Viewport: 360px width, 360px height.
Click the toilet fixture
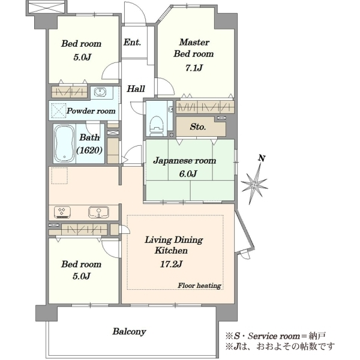[157, 126]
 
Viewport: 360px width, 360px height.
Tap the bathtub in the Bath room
[65, 143]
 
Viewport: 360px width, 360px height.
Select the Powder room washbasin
[100, 92]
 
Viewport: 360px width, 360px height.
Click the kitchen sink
[99, 212]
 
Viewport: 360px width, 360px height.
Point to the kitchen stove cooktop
[62, 212]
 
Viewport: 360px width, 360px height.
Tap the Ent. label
[132, 43]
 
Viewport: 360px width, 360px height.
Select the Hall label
[136, 89]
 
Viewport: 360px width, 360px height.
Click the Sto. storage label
[197, 127]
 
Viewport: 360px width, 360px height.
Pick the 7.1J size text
[194, 68]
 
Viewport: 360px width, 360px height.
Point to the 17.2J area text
[171, 264]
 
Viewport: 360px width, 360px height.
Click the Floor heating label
[199, 286]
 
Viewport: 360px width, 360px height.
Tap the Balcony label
[129, 332]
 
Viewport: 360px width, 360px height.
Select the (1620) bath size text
[89, 151]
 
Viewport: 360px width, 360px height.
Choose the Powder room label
[91, 111]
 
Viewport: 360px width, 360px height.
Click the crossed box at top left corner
[46, 7]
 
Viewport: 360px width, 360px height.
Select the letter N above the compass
[262, 158]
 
